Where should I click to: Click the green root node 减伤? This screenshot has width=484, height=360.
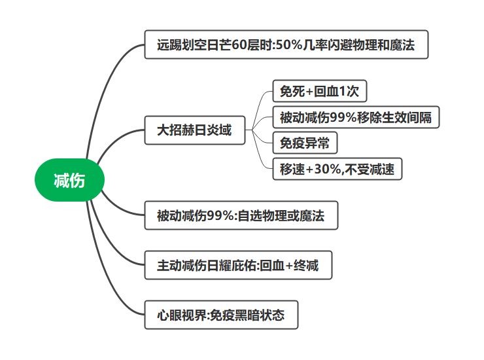point(69,181)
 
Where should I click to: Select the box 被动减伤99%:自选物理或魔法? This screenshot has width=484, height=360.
point(241,215)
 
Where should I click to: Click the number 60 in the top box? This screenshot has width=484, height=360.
point(239,45)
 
